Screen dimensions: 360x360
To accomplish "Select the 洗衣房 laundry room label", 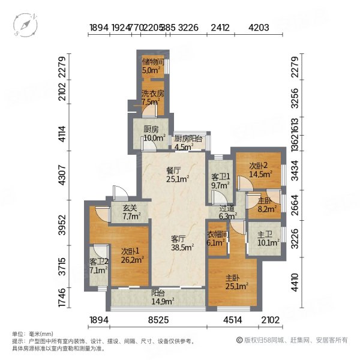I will pos(151,97).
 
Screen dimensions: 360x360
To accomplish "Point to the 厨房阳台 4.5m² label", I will pos(187,142).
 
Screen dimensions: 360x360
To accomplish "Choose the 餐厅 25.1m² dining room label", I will pos(178,173).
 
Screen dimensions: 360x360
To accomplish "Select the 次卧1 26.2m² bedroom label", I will pos(131,256).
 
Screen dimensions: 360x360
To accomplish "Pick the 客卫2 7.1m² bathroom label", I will pos(98,266).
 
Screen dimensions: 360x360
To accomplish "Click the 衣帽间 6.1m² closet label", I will pos(217,239).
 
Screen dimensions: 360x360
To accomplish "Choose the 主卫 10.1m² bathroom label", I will pos(265,238).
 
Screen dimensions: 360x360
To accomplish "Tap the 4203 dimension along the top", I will pos(259,27).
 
